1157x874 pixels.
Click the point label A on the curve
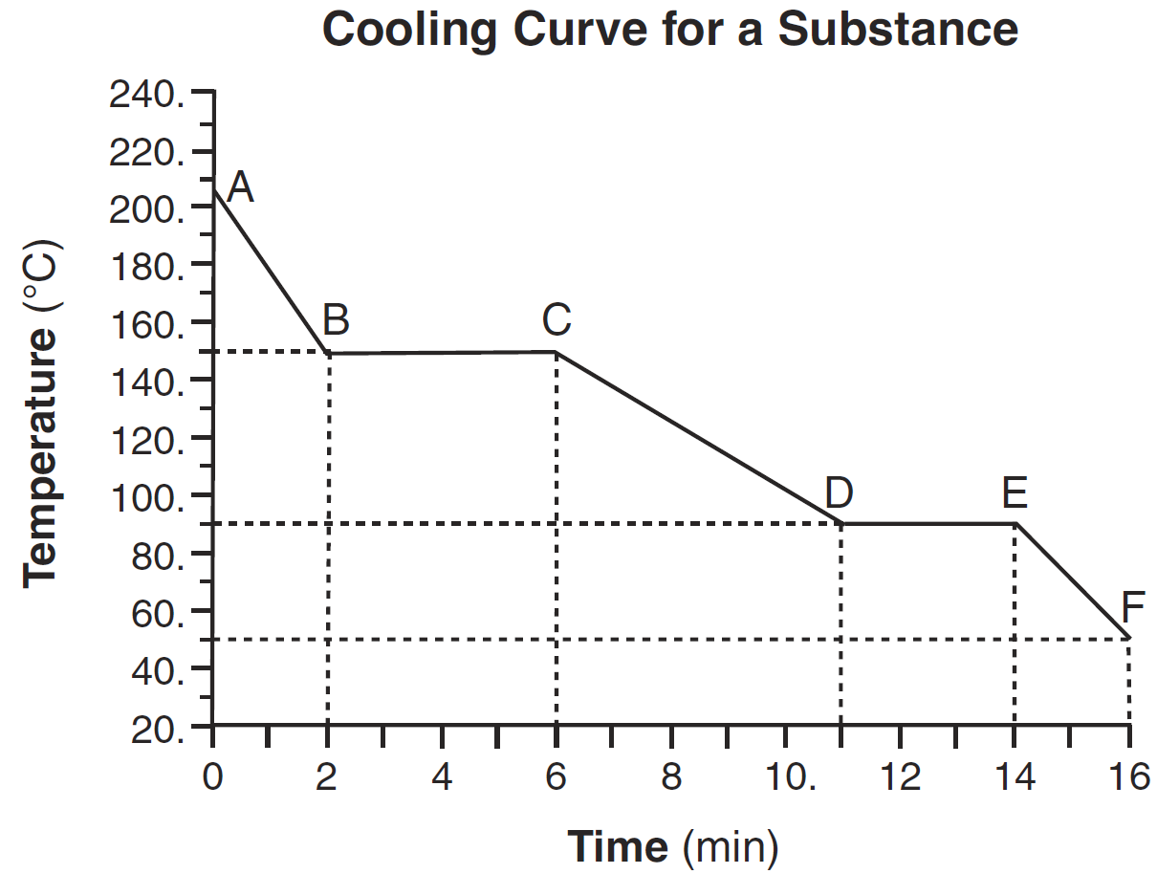[x=240, y=187]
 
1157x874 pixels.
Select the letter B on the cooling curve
[x=336, y=319]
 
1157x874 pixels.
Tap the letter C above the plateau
[x=556, y=320]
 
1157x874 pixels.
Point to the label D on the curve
[x=839, y=493]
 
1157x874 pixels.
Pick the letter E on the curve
[x=1015, y=493]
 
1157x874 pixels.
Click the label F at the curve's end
[x=1133, y=606]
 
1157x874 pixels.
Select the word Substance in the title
[x=897, y=30]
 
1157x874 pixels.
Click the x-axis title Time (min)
[x=673, y=847]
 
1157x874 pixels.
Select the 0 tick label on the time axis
[x=212, y=777]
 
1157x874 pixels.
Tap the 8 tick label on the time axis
[x=672, y=777]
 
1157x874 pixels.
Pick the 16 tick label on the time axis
[x=1129, y=777]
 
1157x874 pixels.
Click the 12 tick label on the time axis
[x=901, y=777]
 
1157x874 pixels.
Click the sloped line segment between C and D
[x=698, y=437]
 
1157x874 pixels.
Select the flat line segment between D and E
[x=928, y=523]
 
